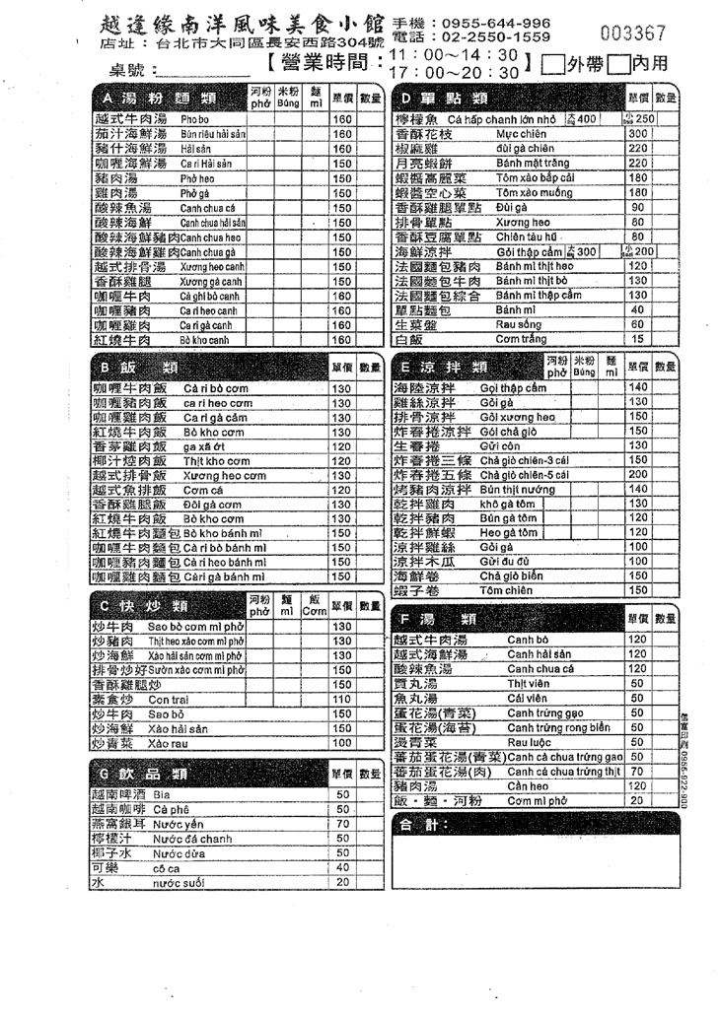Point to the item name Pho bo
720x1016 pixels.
pos(193,120)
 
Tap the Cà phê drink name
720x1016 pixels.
pos(164,809)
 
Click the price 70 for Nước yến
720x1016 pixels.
pos(342,824)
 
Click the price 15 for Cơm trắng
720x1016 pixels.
pos(637,340)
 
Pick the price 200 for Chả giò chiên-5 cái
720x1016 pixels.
pos(637,474)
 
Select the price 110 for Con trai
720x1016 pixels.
pos(342,699)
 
